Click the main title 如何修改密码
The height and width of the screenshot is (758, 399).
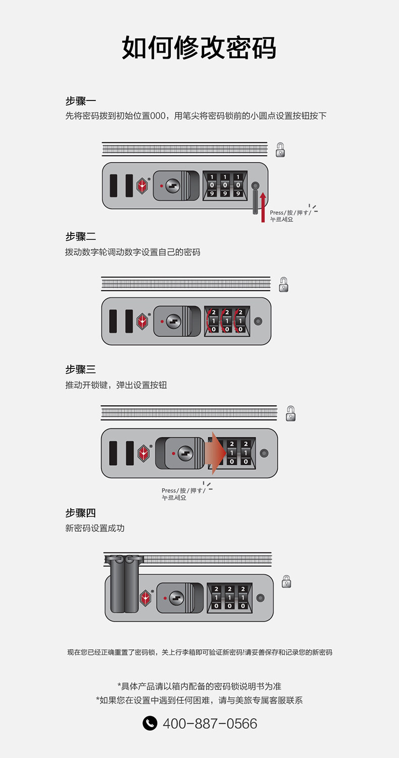pos(199,48)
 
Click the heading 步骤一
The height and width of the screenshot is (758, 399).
pos(80,101)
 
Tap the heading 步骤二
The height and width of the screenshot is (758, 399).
pos(80,236)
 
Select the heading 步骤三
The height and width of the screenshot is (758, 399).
pos(80,369)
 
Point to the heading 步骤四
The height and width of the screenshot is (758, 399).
pos(80,513)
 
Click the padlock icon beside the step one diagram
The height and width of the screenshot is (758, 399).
pos(280,150)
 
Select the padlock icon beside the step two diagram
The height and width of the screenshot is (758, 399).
pos(284,284)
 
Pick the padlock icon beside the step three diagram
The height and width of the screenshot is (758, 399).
pos(290,413)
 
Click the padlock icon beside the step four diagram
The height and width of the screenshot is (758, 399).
pos(286,581)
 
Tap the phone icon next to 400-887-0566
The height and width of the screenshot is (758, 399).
pos(150,724)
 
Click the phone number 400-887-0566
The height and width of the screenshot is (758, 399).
pos(210,724)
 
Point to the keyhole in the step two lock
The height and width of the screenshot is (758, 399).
pos(174,321)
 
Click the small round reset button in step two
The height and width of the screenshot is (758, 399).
pos(258,321)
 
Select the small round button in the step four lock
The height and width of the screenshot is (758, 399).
pos(261,598)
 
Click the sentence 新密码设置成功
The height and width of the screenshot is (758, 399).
pos(94,528)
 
